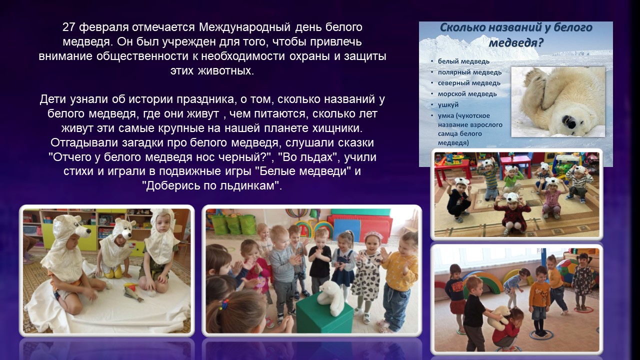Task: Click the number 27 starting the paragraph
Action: [x=68, y=27]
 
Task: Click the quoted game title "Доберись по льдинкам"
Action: [x=212, y=186]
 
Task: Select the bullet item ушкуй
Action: [x=448, y=105]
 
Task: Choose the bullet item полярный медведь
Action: [x=469, y=72]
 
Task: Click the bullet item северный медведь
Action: [x=469, y=83]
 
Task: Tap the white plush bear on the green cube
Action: [x=331, y=297]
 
